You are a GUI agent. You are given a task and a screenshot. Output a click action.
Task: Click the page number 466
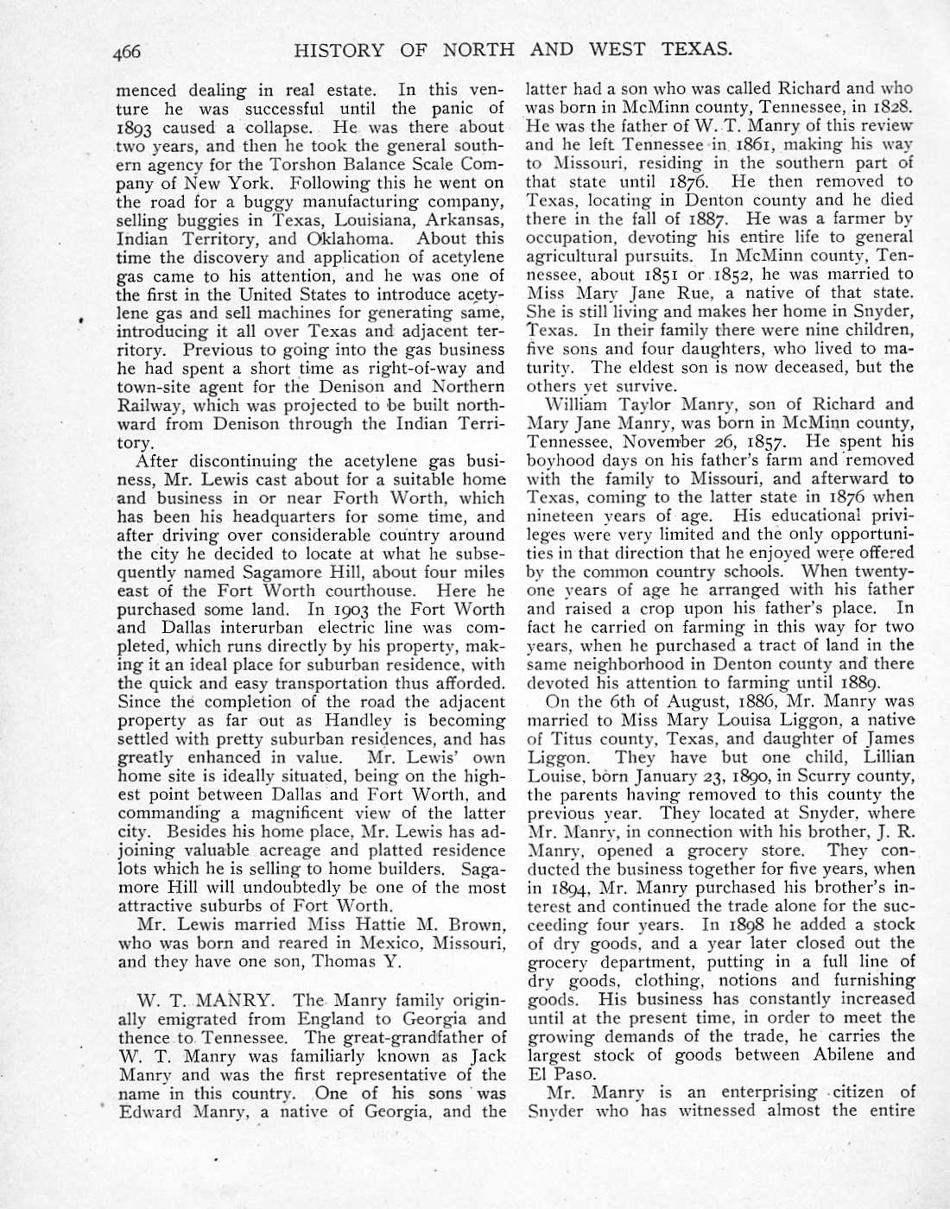pyautogui.click(x=126, y=52)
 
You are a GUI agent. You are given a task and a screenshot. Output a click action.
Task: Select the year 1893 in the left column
pyautogui.click(x=138, y=128)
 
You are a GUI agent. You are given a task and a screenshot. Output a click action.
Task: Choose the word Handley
pyautogui.click(x=359, y=720)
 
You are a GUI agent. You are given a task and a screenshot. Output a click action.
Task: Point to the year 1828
pyautogui.click(x=893, y=107)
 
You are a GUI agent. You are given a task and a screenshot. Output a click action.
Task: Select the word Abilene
pyautogui.click(x=844, y=1055)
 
